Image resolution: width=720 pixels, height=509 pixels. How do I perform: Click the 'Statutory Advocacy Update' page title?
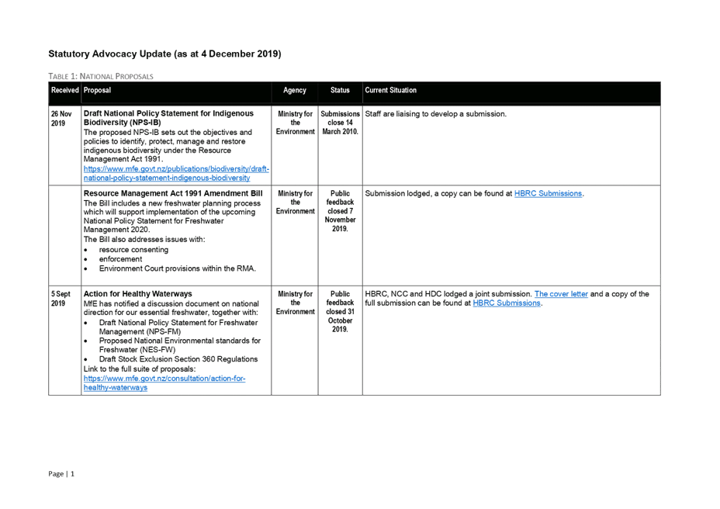pyautogui.click(x=164, y=54)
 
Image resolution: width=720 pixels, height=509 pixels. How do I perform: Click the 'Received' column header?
pyautogui.click(x=64, y=91)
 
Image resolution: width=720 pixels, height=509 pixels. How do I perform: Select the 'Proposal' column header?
pyautogui.click(x=97, y=91)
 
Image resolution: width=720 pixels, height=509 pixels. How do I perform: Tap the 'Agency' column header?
pyautogui.click(x=295, y=91)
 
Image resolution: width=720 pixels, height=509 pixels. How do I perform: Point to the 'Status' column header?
pyautogui.click(x=340, y=91)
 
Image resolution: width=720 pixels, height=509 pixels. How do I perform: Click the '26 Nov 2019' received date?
pyautogui.click(x=61, y=118)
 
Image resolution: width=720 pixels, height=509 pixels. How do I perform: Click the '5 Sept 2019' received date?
pyautogui.click(x=62, y=299)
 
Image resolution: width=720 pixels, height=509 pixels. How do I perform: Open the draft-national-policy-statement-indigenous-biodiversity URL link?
pyautogui.click(x=176, y=173)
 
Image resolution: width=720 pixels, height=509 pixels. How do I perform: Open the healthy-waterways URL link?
pyautogui.click(x=164, y=383)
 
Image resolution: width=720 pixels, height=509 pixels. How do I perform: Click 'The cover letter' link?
pyautogui.click(x=561, y=294)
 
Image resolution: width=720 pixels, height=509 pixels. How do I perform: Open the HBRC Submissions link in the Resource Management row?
pyautogui.click(x=548, y=193)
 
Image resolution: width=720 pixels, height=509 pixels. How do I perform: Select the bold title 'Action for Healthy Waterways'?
pyautogui.click(x=137, y=294)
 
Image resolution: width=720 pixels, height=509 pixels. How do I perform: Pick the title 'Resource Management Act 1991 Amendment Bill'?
pyautogui.click(x=173, y=192)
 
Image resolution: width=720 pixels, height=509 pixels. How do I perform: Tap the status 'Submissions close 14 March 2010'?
pyautogui.click(x=340, y=123)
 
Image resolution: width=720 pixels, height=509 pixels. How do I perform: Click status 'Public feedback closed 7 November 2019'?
pyautogui.click(x=340, y=210)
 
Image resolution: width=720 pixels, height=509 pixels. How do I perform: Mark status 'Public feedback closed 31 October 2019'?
pyautogui.click(x=340, y=312)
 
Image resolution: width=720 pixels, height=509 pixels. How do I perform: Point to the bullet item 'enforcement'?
pyautogui.click(x=121, y=259)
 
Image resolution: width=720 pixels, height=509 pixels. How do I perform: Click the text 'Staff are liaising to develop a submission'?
pyautogui.click(x=435, y=114)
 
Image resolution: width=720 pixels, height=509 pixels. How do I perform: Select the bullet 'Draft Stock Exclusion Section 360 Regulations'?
pyautogui.click(x=178, y=359)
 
